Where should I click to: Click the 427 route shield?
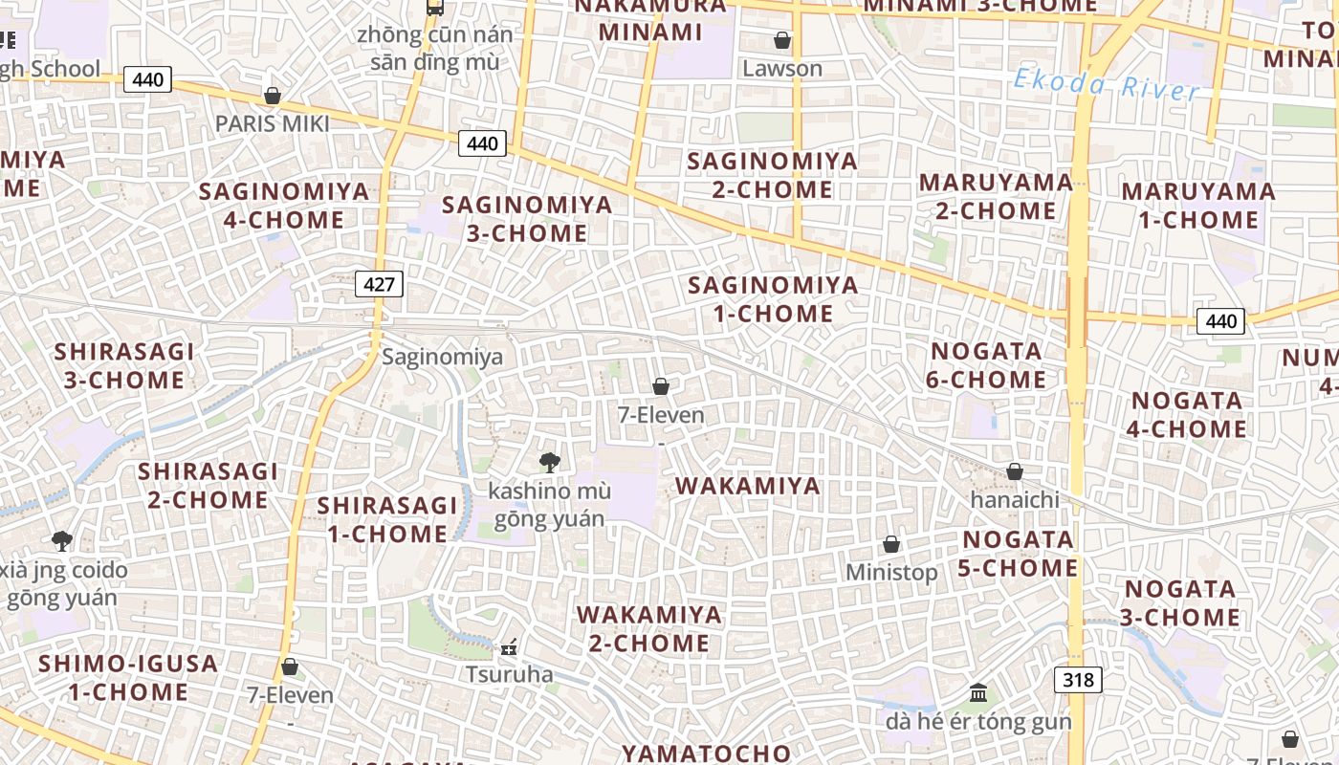click(x=379, y=284)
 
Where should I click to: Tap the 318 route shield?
click(x=1078, y=680)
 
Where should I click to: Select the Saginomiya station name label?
click(x=442, y=358)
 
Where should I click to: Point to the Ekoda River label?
click(x=1106, y=85)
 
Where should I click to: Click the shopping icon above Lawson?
click(x=782, y=40)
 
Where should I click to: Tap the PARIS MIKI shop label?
click(x=272, y=123)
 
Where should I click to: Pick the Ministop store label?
click(x=891, y=572)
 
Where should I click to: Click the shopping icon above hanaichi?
click(x=1015, y=471)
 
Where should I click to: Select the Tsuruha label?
click(x=509, y=674)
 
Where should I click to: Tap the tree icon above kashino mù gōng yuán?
click(x=549, y=463)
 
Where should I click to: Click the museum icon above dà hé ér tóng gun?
click(x=978, y=692)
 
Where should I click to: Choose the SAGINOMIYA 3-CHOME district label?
click(x=527, y=218)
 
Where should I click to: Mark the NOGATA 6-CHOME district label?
click(x=986, y=365)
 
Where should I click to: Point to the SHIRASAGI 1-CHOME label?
click(x=387, y=519)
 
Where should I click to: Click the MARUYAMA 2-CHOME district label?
click(x=996, y=196)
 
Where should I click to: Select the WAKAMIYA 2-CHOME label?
click(x=649, y=628)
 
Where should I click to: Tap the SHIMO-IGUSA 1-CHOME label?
click(x=128, y=677)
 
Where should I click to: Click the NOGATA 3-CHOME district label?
click(x=1180, y=602)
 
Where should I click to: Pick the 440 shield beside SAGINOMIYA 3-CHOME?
click(x=483, y=143)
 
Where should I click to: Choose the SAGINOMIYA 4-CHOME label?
click(x=284, y=206)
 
